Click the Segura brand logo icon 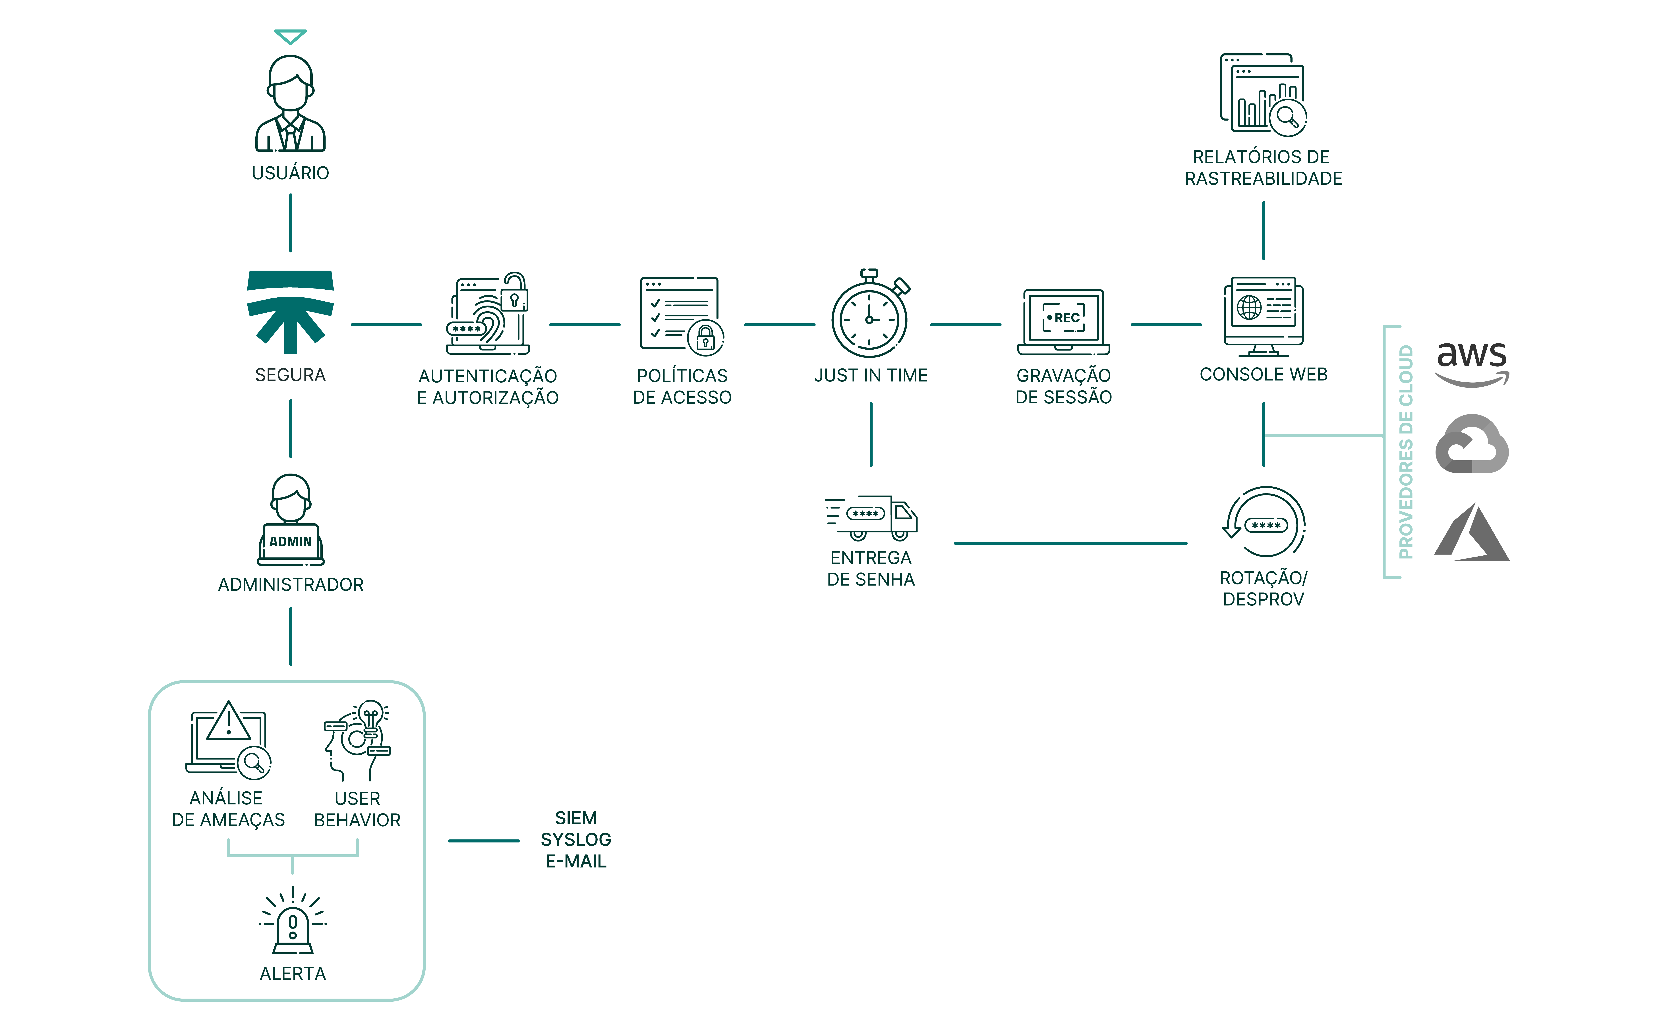click(291, 311)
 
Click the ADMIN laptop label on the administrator click(291, 541)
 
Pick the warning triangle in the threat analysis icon click(228, 721)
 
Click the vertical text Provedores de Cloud click(1405, 451)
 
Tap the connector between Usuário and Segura click(291, 223)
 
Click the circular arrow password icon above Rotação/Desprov click(1265, 522)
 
